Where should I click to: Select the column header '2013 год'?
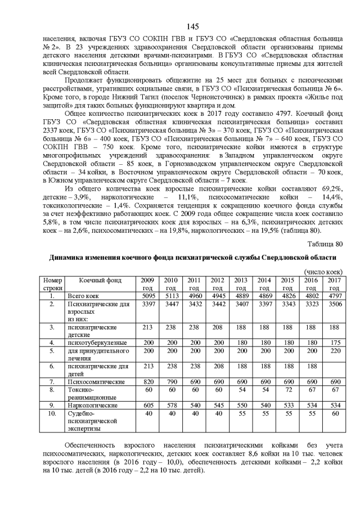(241, 283)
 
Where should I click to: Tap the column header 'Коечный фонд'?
(100, 280)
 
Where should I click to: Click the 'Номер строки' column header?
(52, 283)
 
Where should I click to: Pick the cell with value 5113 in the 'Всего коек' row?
(170, 295)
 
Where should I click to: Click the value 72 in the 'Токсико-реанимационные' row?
(287, 389)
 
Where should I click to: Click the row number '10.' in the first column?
(52, 413)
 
